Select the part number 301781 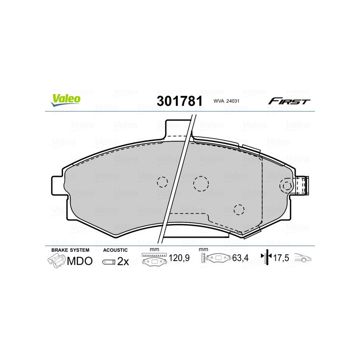click(179, 101)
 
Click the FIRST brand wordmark click(289, 101)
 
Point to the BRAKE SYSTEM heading click(70, 250)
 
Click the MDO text click(80, 261)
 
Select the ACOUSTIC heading click(115, 250)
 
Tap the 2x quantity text click(123, 261)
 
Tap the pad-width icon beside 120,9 click(154, 259)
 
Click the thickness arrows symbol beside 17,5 click(266, 257)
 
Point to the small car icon click(302, 259)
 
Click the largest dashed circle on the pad click(201, 183)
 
